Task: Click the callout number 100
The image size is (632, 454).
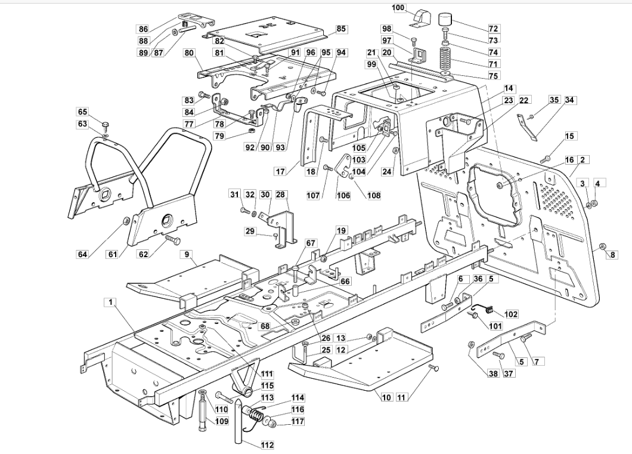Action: [x=399, y=8]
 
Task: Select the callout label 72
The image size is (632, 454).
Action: [x=493, y=29]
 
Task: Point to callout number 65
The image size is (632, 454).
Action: [x=83, y=112]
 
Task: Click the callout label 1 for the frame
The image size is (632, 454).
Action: [x=110, y=302]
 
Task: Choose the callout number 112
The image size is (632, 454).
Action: [x=267, y=444]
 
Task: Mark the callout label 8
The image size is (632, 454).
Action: [x=613, y=255]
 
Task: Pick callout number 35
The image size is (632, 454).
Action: [x=554, y=100]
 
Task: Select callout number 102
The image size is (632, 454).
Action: [x=511, y=314]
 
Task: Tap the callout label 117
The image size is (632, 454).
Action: [x=298, y=421]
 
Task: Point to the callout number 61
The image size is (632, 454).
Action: [x=113, y=254]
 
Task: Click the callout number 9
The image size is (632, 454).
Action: [x=187, y=254]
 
